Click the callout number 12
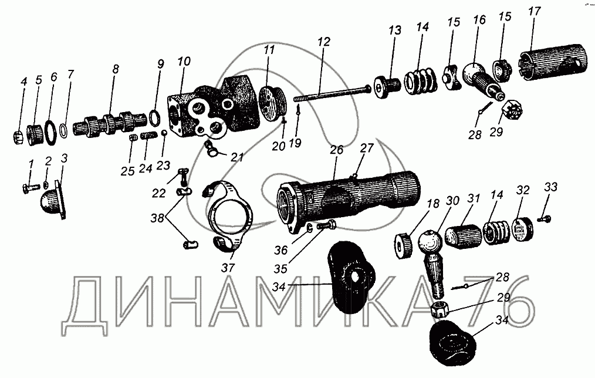click(324, 41)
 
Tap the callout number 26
click(336, 150)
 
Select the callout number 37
click(228, 268)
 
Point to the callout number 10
click(184, 62)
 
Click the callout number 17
click(535, 11)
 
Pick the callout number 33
click(551, 187)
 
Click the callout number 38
click(157, 218)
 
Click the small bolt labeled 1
click(31, 188)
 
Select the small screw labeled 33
click(545, 219)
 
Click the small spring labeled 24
click(148, 136)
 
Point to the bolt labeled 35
click(325, 225)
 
